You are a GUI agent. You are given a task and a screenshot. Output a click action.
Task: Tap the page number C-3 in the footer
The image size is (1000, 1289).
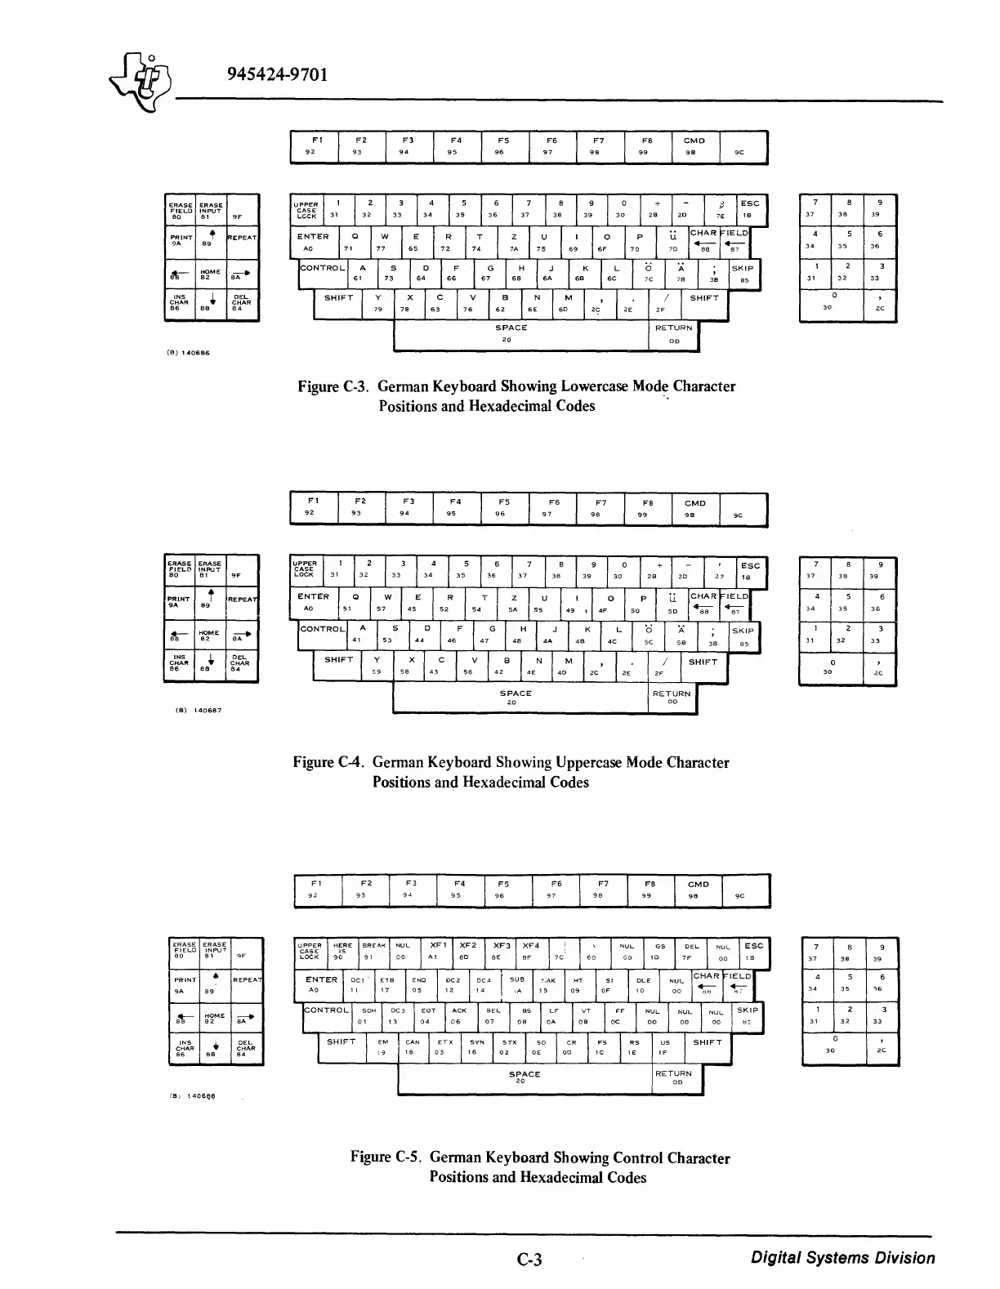point(530,1259)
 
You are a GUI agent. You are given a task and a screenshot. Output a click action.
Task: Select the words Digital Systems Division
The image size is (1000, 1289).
point(843,1258)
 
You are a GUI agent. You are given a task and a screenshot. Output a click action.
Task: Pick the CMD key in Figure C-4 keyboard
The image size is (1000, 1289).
point(695,509)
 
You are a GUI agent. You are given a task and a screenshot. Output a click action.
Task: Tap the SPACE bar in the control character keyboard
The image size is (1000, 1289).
point(524,1078)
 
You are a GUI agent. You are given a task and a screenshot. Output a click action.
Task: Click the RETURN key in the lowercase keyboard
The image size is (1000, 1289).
point(673,333)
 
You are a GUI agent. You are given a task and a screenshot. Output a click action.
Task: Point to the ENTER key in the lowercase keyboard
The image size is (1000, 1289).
point(313,242)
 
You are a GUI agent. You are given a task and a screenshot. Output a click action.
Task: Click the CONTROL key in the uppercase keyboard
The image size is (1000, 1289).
point(322,634)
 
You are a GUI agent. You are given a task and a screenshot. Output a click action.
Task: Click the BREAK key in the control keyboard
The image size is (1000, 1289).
point(373,952)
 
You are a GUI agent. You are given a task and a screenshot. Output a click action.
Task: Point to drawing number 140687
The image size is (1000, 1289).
point(199,710)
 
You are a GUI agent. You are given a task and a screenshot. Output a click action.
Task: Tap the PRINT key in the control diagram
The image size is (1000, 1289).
point(185,984)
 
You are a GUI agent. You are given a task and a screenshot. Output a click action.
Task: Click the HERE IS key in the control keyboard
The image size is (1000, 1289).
point(343,952)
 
